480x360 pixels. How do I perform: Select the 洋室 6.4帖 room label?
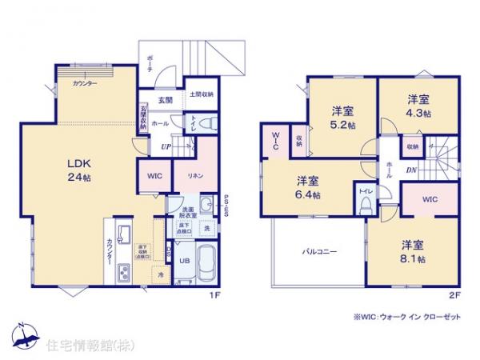point(307,186)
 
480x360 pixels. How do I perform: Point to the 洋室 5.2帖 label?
point(342,118)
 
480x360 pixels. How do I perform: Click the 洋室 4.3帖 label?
point(417,106)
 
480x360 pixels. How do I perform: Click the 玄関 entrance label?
point(165,100)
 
